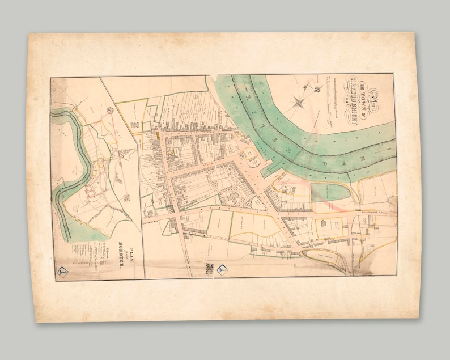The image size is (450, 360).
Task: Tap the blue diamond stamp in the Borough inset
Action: [x=64, y=272]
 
